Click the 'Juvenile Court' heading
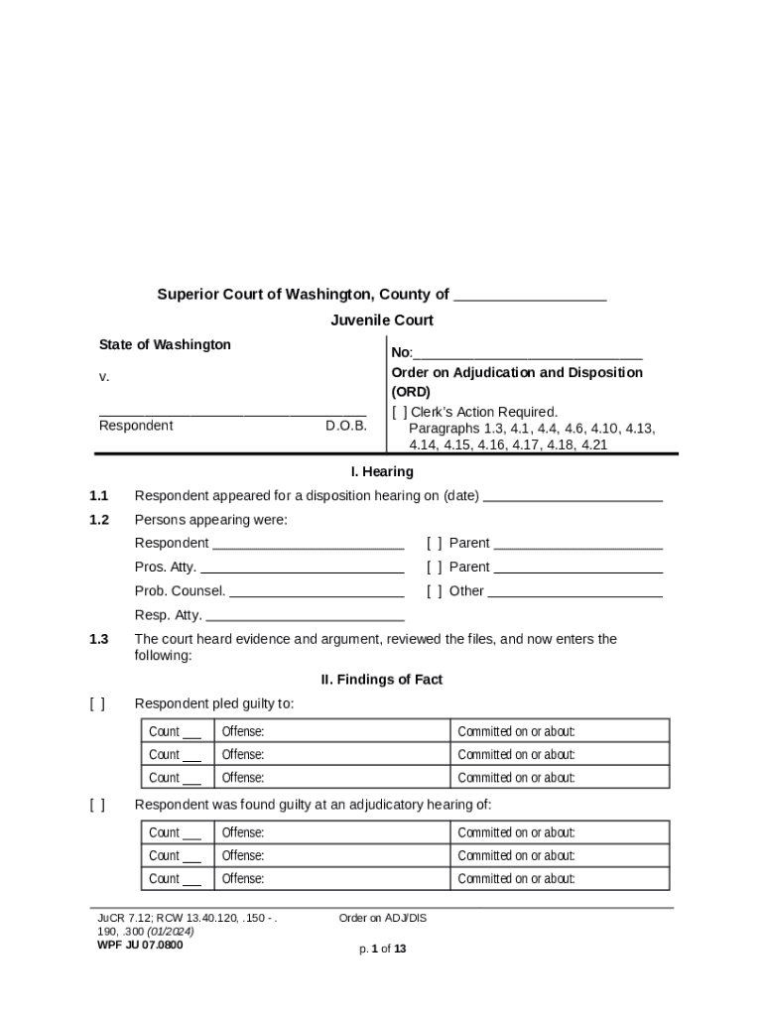click(382, 320)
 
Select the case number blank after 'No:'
click(527, 354)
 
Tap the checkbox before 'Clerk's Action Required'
click(399, 412)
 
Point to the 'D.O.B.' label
click(346, 426)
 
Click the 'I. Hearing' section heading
click(382, 472)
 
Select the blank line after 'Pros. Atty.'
click(302, 569)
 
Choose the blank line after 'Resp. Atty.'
click(305, 616)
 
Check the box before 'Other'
click(435, 591)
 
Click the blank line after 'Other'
click(574, 592)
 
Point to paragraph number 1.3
click(98, 639)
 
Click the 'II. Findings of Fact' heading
click(382, 680)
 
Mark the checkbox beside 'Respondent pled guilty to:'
click(97, 703)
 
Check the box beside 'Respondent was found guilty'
click(97, 805)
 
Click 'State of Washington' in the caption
click(165, 344)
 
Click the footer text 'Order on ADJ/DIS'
click(383, 918)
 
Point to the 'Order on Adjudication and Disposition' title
click(517, 372)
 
